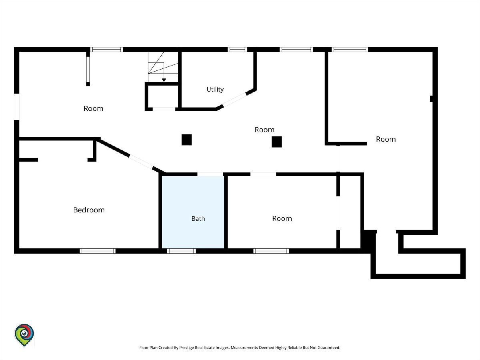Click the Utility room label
coord(215,89)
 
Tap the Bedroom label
coord(89,210)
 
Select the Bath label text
coord(198,218)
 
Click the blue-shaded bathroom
coord(193,212)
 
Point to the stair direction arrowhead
coord(164,80)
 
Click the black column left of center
coord(186,140)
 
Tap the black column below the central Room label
coord(277,142)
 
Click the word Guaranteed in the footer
coord(329,348)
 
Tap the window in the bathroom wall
coord(181,251)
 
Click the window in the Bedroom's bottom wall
coord(98,251)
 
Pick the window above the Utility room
coord(237,49)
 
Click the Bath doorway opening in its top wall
coord(210,174)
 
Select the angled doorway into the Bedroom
coord(141,162)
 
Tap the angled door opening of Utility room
coord(235,100)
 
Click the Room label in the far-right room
coord(386,139)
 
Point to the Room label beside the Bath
coord(282,218)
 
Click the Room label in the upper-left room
coord(93,108)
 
